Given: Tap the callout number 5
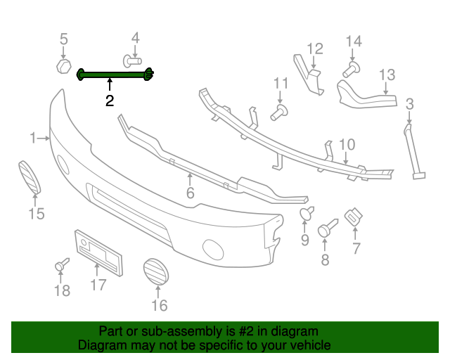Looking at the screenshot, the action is click(63, 39).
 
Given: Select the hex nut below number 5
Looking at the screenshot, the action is click(63, 67).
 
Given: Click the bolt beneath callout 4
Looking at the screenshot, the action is click(131, 59).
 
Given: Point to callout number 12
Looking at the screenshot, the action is click(314, 49).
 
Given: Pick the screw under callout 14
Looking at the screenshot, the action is click(351, 68).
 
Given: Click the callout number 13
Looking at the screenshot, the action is click(387, 75).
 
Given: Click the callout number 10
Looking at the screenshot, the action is click(347, 144).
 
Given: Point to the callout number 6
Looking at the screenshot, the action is click(190, 193).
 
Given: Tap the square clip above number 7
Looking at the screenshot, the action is click(353, 216).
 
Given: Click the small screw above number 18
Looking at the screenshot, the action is click(62, 265).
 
